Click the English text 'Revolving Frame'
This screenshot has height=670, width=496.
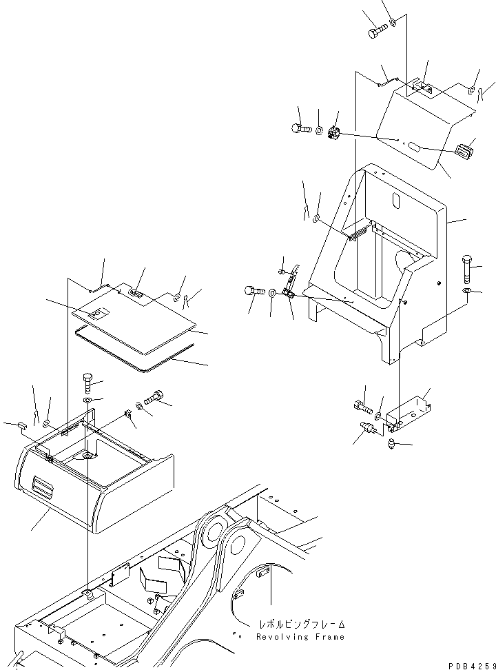click(300, 637)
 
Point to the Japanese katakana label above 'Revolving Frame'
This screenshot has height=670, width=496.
click(300, 625)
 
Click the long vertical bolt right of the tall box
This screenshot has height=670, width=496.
click(466, 269)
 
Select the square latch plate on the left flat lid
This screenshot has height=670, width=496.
click(98, 314)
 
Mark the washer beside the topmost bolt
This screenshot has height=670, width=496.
click(393, 23)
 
